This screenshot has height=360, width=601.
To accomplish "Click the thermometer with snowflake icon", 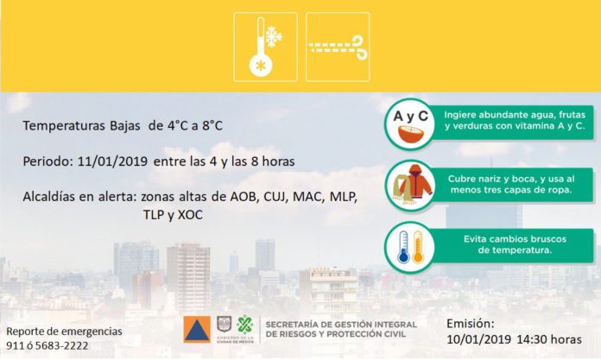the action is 265,47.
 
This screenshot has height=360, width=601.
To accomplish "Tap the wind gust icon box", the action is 338,47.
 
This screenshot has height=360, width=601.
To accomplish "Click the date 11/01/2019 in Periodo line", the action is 112,161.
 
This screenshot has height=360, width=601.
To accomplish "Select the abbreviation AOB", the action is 243,197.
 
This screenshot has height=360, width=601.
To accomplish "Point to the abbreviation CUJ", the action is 275,197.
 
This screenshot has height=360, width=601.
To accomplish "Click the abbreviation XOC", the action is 190,215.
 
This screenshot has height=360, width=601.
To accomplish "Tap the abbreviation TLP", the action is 154,215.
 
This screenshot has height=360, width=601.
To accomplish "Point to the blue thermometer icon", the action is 403,247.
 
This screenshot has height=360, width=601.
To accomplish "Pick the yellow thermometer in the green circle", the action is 417,247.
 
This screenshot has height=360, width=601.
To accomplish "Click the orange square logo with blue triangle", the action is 197,329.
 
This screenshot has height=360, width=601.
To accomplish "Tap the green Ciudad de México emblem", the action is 245,325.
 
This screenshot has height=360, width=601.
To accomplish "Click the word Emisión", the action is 471,324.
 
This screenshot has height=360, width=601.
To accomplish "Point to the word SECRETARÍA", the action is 293,325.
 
